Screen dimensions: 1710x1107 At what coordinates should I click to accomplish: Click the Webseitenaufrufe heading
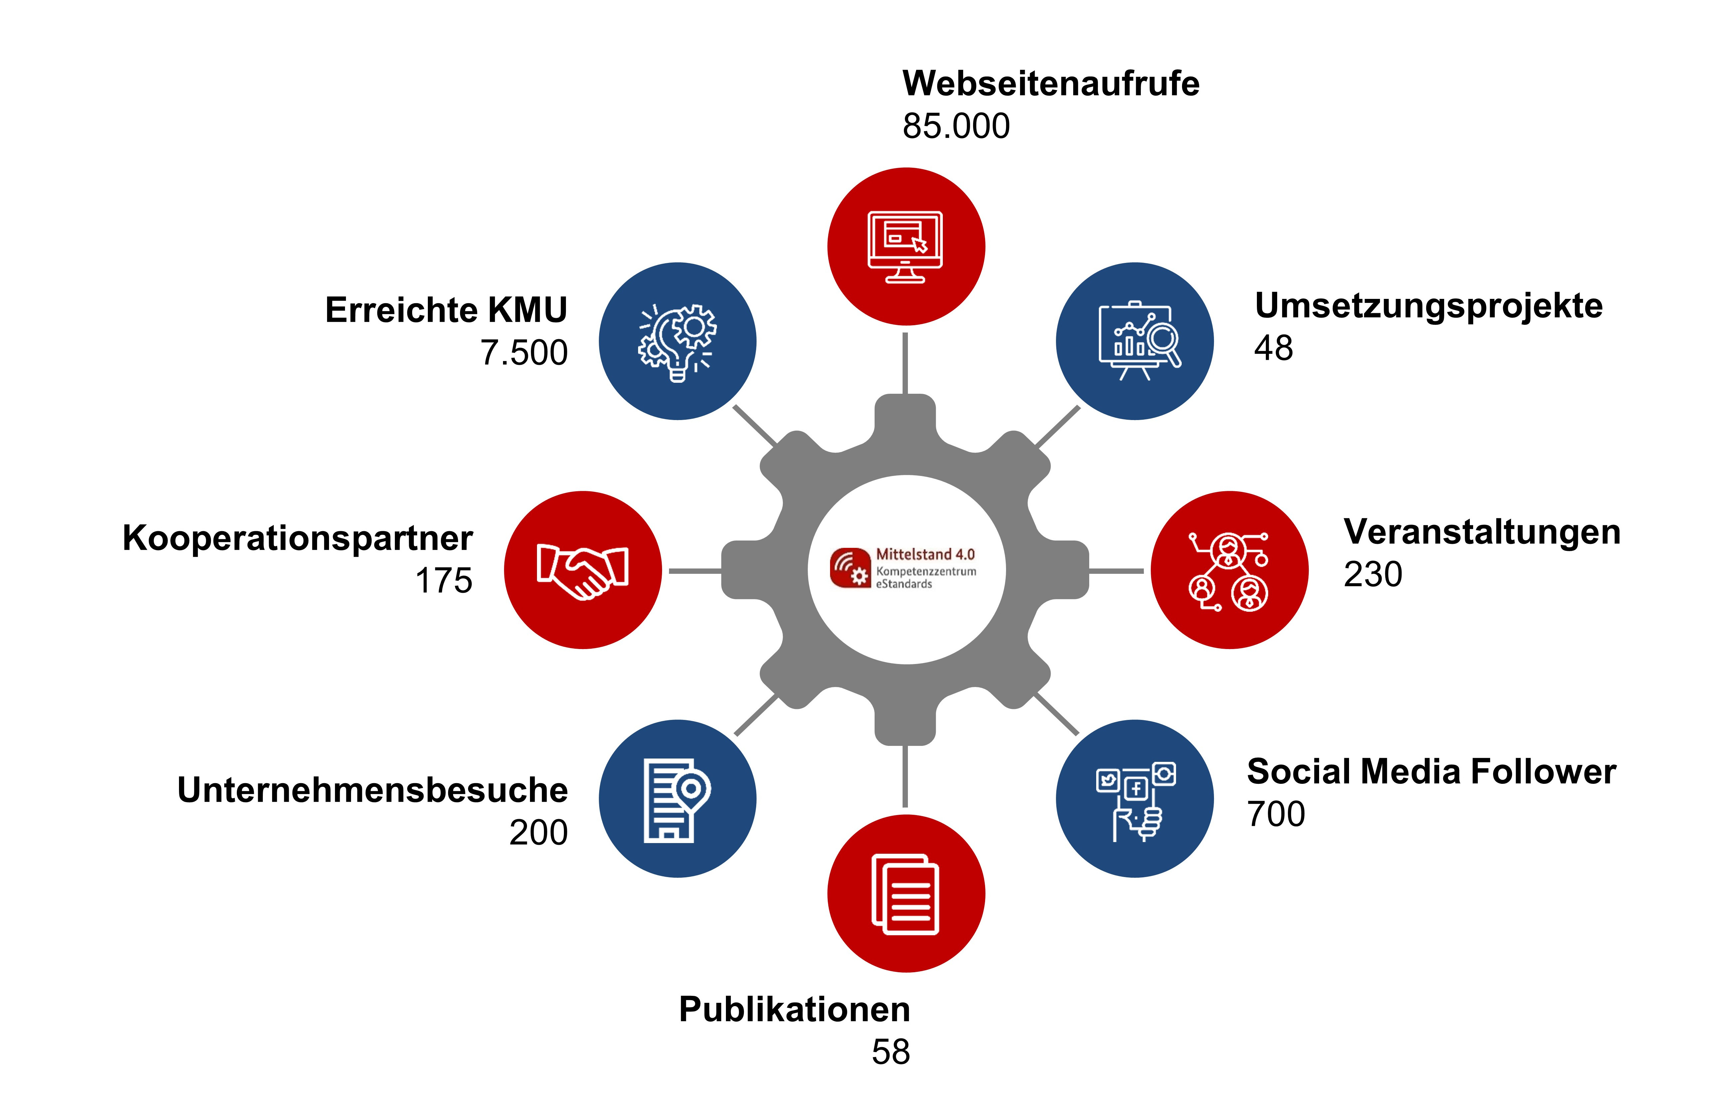pyautogui.click(x=1050, y=84)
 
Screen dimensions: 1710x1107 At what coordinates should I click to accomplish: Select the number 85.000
pyautogui.click(x=956, y=126)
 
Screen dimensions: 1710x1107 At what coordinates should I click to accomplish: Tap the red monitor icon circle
pyautogui.click(x=906, y=247)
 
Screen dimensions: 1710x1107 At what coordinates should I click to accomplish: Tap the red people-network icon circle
pyautogui.click(x=1229, y=570)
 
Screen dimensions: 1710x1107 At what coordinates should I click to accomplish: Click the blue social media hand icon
pyautogui.click(x=1134, y=798)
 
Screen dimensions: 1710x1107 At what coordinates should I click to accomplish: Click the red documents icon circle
pyautogui.click(x=906, y=894)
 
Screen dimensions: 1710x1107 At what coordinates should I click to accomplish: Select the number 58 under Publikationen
pyautogui.click(x=891, y=1052)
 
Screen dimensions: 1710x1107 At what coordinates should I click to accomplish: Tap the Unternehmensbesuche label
pyautogui.click(x=372, y=790)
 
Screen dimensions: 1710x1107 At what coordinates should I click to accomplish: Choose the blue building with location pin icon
pyautogui.click(x=678, y=798)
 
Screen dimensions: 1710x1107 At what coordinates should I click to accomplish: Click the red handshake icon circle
pyautogui.click(x=583, y=570)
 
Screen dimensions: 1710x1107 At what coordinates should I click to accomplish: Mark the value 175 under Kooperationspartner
pyautogui.click(x=444, y=581)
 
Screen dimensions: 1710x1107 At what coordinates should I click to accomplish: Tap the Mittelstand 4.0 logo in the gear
pyautogui.click(x=903, y=568)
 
